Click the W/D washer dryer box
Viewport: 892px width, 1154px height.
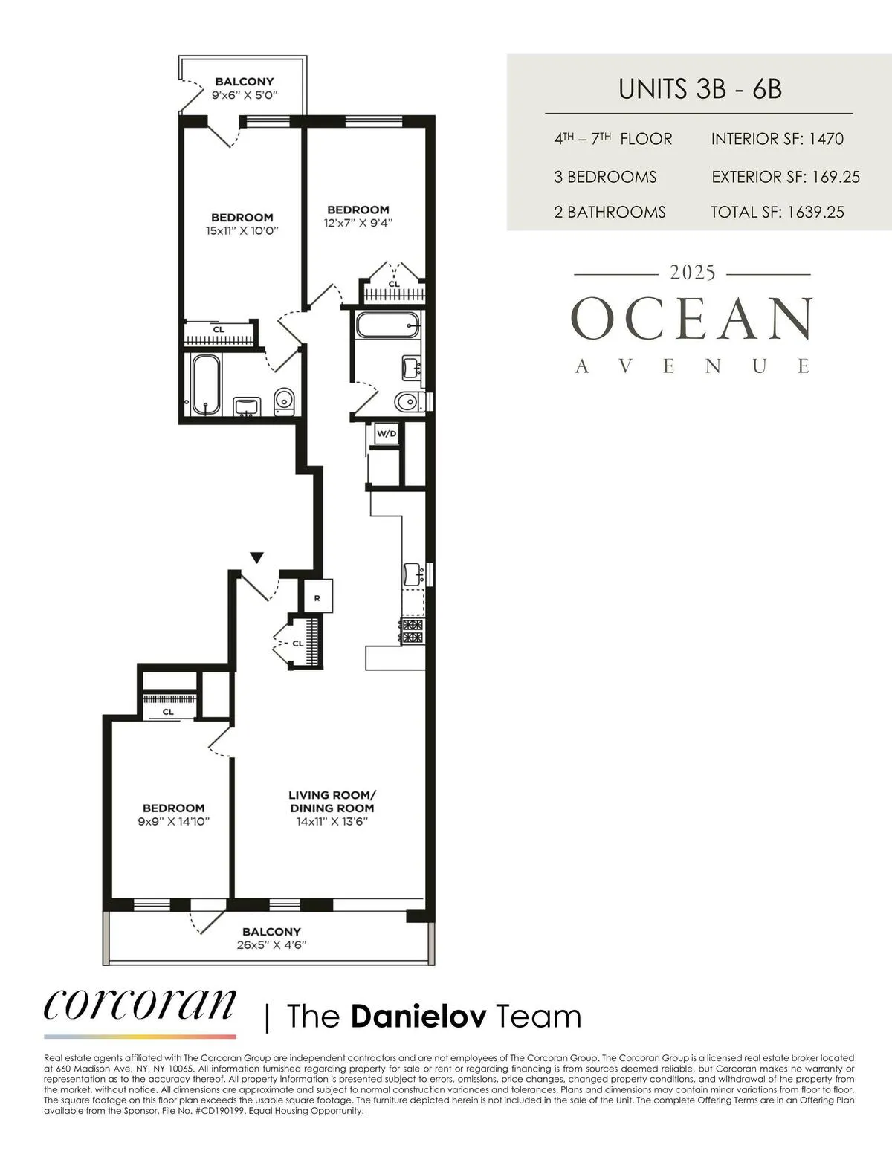pos(385,433)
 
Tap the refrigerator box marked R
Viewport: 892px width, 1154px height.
pos(317,597)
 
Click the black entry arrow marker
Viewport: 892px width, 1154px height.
pos(256,557)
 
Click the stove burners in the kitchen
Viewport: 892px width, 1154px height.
pos(412,631)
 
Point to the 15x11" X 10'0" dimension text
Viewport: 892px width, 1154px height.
pos(242,230)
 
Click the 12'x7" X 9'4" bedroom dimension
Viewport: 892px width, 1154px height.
pos(358,222)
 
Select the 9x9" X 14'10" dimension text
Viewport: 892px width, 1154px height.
pos(174,821)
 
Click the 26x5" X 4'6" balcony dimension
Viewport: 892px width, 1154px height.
pos(271,945)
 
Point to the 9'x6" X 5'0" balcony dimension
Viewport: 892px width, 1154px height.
pos(245,94)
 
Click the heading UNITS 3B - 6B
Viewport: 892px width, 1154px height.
pos(699,89)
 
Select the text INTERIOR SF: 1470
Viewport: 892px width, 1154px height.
pos(777,139)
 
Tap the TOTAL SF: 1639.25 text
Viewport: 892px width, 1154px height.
pos(777,212)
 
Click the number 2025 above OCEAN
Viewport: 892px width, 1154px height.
pos(693,273)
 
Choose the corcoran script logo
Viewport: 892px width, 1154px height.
pos(140,1005)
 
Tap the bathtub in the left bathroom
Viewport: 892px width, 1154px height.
pos(206,384)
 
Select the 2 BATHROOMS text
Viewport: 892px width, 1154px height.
pos(610,212)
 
